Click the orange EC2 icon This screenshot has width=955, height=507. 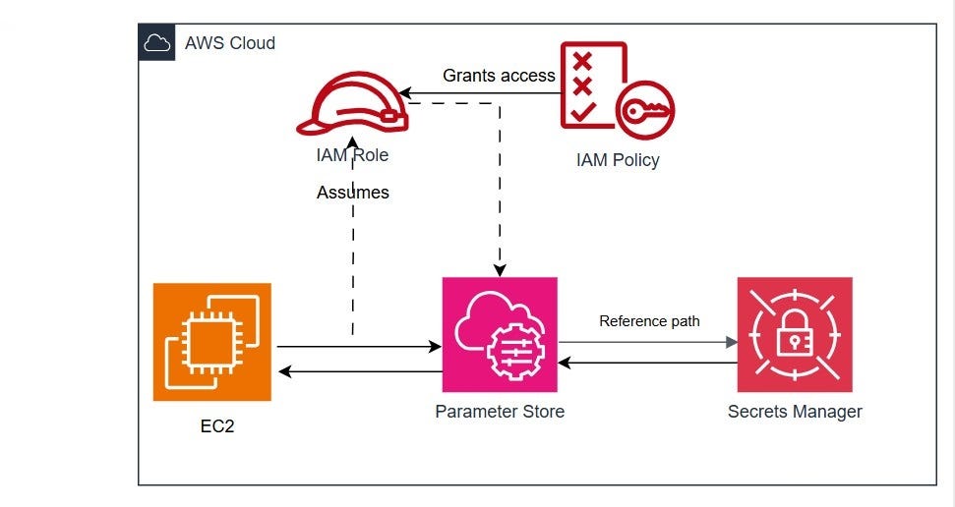point(211,342)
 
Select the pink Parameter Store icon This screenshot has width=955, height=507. point(500,334)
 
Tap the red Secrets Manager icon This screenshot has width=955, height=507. point(795,334)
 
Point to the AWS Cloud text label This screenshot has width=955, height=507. point(230,43)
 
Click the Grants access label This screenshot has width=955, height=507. point(499,75)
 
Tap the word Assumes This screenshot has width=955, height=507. point(353,193)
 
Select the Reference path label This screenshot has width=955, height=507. point(649,321)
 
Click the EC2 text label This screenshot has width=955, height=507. point(212,428)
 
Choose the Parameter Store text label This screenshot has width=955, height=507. point(500,412)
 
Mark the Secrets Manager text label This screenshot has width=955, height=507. point(795,412)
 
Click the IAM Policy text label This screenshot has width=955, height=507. point(618,160)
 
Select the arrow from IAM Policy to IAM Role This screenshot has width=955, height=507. point(482,95)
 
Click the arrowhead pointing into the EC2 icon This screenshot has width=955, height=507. point(284,371)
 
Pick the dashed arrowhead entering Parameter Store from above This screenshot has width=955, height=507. point(500,270)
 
